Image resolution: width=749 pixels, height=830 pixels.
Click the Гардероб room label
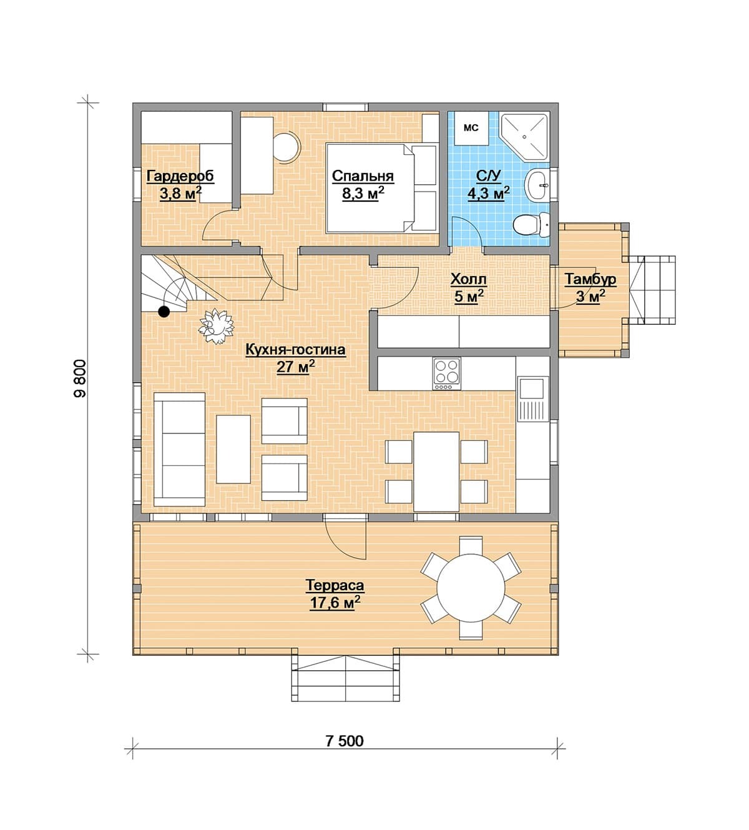click(x=180, y=176)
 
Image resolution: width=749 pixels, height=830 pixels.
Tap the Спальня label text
click(x=363, y=176)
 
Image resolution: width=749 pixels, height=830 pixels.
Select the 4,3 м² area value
click(x=489, y=193)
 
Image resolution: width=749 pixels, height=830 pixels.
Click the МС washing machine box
click(x=471, y=128)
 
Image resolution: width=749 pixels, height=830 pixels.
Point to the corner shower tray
click(x=524, y=136)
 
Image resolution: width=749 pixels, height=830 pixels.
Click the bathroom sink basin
click(x=537, y=185)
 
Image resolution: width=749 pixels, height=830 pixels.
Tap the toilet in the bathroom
click(x=531, y=225)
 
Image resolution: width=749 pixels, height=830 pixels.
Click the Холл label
click(x=468, y=280)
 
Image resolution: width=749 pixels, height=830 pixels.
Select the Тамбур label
click(x=590, y=279)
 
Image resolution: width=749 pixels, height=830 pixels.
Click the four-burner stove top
click(x=446, y=373)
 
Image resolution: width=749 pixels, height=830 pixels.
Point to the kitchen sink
click(x=532, y=399)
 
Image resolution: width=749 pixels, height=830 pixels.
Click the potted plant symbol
click(x=217, y=326)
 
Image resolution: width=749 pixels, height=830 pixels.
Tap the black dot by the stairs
click(x=164, y=312)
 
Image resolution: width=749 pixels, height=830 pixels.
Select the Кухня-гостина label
click(x=295, y=350)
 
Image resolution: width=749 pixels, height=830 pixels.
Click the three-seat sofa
click(x=180, y=449)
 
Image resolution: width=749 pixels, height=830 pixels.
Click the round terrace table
click(x=471, y=587)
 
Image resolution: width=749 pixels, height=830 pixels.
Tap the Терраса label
click(x=335, y=585)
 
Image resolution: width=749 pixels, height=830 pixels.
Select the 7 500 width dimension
click(x=345, y=741)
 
